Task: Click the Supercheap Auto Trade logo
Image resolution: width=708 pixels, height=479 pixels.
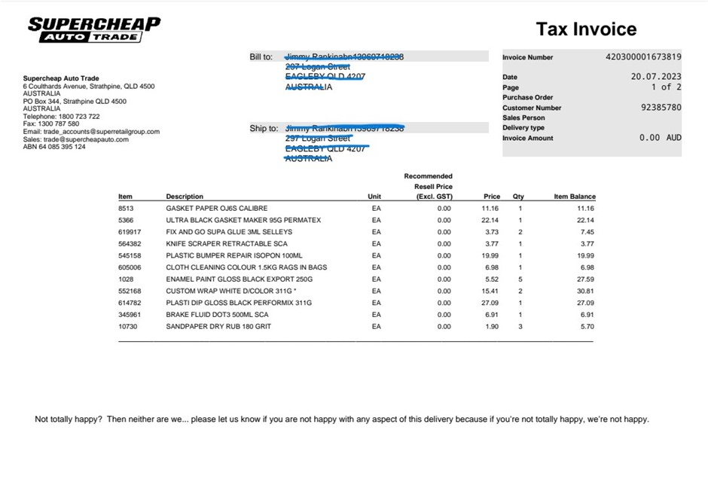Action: [x=94, y=29]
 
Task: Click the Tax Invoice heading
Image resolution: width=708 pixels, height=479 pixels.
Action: [x=586, y=29]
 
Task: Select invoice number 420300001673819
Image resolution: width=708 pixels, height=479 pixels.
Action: [x=643, y=56]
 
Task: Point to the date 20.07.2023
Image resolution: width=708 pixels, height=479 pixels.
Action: [x=656, y=77]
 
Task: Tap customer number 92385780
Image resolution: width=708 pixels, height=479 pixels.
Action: [x=661, y=108]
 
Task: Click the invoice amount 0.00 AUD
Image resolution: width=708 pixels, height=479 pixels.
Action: [x=660, y=138]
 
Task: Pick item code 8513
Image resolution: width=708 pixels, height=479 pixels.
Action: [x=126, y=208]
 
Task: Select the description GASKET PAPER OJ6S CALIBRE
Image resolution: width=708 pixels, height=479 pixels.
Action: [x=217, y=208]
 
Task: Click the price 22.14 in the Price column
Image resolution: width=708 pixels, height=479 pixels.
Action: [x=491, y=220]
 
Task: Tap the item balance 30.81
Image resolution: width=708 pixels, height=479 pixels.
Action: [x=585, y=291]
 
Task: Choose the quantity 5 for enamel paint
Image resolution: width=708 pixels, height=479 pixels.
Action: [x=520, y=279]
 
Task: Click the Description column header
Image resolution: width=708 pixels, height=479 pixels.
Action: [x=185, y=197]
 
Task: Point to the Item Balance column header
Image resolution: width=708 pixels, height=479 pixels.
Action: [x=575, y=197]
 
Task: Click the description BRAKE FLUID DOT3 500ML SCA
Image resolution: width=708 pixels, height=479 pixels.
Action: [x=218, y=314]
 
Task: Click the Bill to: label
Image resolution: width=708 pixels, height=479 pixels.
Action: [x=261, y=56]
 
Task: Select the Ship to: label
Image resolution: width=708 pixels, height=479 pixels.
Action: [x=264, y=128]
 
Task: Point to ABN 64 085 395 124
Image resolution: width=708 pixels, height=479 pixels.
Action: [x=54, y=147]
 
